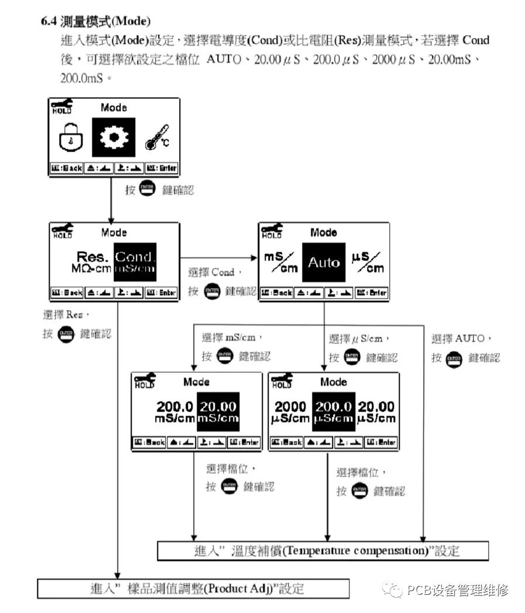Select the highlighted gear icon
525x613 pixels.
click(114, 137)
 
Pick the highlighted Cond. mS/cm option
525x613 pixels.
click(135, 261)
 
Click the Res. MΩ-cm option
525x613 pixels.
click(92, 261)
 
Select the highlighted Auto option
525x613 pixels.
click(324, 262)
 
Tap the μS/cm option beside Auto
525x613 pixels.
click(368, 262)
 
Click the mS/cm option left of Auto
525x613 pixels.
click(280, 262)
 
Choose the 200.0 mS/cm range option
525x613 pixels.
click(174, 412)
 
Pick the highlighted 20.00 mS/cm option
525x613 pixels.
click(218, 412)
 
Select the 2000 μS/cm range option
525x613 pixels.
click(290, 412)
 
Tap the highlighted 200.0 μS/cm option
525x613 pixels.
click(334, 412)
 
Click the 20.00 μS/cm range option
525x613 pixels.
click(376, 412)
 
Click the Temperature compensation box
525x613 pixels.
click(322, 550)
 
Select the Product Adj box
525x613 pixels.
click(193, 588)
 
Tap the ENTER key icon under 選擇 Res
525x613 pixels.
click(66, 334)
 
